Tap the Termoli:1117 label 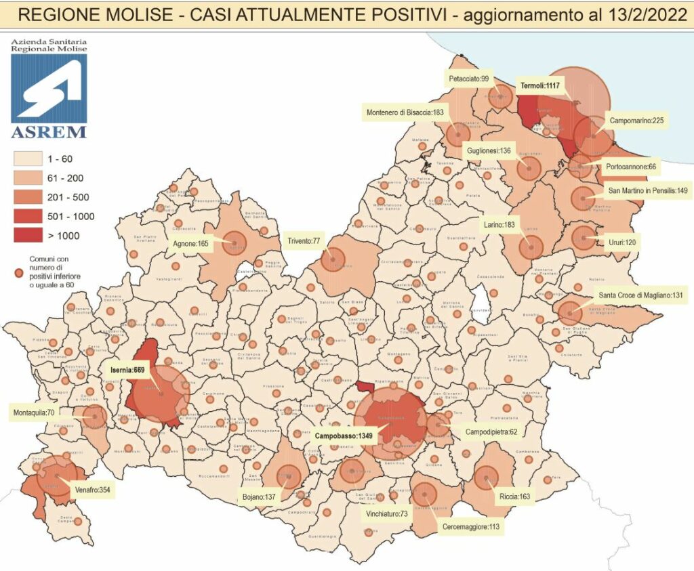point(542,86)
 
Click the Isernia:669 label point(127,370)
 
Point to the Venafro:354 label point(94,490)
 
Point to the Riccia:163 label point(516,496)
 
